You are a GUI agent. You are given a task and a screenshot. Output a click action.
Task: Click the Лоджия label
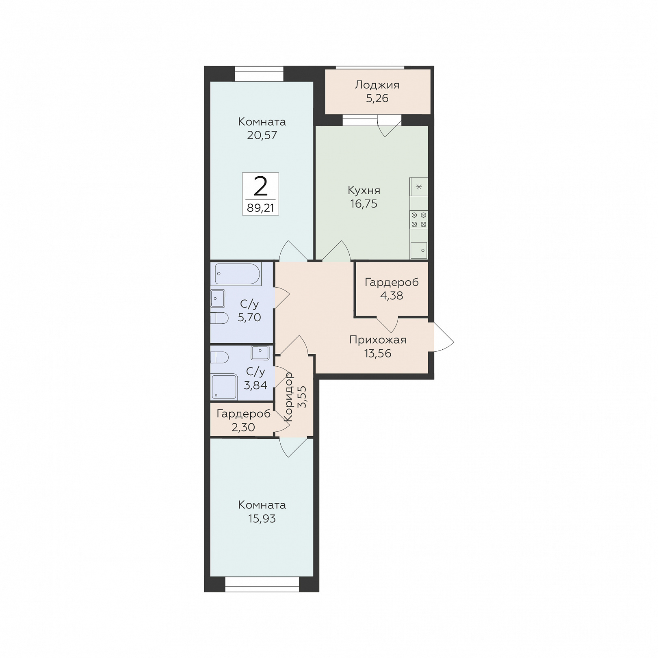click(377, 85)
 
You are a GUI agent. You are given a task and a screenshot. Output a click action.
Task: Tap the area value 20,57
click(262, 135)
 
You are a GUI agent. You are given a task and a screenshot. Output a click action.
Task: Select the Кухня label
click(364, 190)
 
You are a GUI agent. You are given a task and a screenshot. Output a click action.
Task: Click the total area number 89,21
click(260, 208)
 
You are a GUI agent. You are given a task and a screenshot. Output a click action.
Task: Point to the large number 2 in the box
click(260, 186)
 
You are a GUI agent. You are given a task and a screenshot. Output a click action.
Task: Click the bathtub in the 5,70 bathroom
click(238, 274)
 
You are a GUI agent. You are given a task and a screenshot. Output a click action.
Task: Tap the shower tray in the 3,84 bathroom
click(224, 386)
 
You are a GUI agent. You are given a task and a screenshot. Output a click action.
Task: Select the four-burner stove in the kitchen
click(419, 219)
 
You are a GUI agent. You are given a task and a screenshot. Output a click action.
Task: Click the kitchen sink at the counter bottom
click(419, 250)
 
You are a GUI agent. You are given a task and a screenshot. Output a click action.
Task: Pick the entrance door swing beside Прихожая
click(444, 337)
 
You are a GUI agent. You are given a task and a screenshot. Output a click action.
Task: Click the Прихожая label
click(378, 340)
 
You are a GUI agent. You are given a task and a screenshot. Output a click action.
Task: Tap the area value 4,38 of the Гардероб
click(392, 296)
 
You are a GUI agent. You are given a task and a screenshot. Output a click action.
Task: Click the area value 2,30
click(243, 427)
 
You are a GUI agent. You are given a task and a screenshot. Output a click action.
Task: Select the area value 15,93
click(262, 519)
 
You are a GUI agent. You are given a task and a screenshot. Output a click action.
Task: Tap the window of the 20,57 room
click(259, 74)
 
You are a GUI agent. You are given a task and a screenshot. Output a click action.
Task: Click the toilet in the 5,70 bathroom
click(219, 318)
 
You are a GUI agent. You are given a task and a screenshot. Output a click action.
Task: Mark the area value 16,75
click(364, 204)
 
